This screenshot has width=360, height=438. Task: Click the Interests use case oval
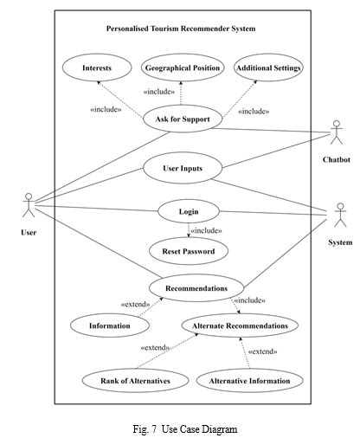(96, 68)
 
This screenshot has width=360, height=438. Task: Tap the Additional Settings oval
(268, 68)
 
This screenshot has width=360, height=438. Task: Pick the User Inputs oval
(183, 168)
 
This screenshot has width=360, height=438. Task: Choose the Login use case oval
(189, 211)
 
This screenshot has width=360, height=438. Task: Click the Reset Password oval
(189, 251)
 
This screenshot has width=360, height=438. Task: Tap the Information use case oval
(110, 325)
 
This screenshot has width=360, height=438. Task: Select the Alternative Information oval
(250, 380)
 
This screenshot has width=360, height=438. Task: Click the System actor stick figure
(339, 215)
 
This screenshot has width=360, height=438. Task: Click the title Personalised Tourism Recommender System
(181, 29)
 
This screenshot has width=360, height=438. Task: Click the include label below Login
(206, 230)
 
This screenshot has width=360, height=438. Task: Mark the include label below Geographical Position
(159, 92)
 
